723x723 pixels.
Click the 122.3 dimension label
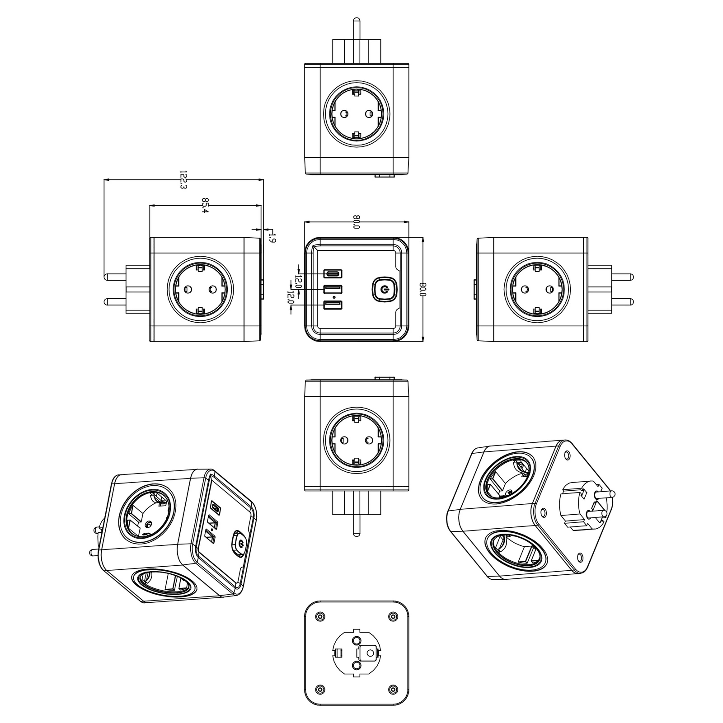[183, 180]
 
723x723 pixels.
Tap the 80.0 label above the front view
[357, 222]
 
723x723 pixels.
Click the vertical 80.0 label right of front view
[423, 289]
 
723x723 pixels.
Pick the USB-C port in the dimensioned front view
[333, 274]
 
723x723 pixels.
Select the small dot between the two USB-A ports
[333, 298]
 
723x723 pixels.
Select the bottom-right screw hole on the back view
[393, 689]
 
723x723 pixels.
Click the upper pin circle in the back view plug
[357, 640]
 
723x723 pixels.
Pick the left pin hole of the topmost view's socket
[344, 113]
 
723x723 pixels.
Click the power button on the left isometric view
[238, 542]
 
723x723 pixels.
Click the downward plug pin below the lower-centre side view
[357, 525]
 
